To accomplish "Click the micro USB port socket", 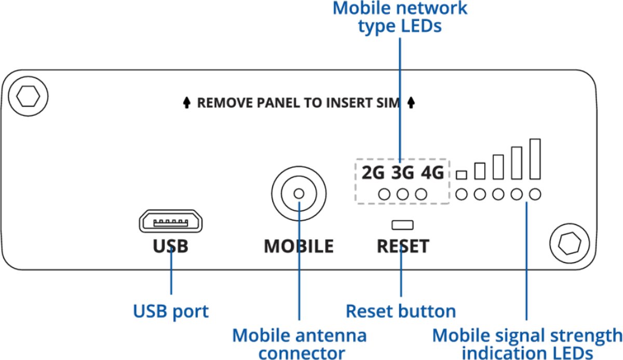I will [x=171, y=222].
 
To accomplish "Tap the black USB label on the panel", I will [x=171, y=246].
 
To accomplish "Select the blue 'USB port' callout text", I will [x=171, y=311].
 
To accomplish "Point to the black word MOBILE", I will [x=299, y=246].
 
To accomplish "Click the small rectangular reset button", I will [x=402, y=225].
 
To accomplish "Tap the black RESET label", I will [x=403, y=246].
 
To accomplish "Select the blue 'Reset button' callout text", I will [x=401, y=311].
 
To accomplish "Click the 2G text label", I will [x=373, y=172].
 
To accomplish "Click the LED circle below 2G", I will [x=385, y=194].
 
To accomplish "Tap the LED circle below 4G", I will [x=421, y=194].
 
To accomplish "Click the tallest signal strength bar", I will [x=535, y=158].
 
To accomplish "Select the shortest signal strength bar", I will [x=461, y=175].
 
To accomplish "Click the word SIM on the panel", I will [x=389, y=103].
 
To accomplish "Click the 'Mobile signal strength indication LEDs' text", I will [x=527, y=343].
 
